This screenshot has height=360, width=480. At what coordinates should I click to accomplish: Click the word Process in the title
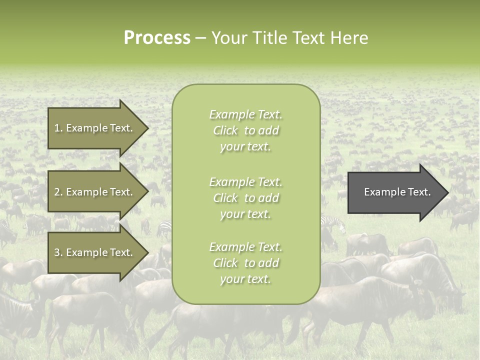[157, 38]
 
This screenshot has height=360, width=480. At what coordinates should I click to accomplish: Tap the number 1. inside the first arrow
[58, 128]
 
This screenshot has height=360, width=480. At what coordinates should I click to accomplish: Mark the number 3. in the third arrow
[58, 253]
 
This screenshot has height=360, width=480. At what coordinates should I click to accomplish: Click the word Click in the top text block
[225, 130]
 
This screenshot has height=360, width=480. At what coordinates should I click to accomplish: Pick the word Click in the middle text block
[225, 198]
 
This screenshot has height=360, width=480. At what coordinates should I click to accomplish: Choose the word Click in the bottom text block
[225, 263]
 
